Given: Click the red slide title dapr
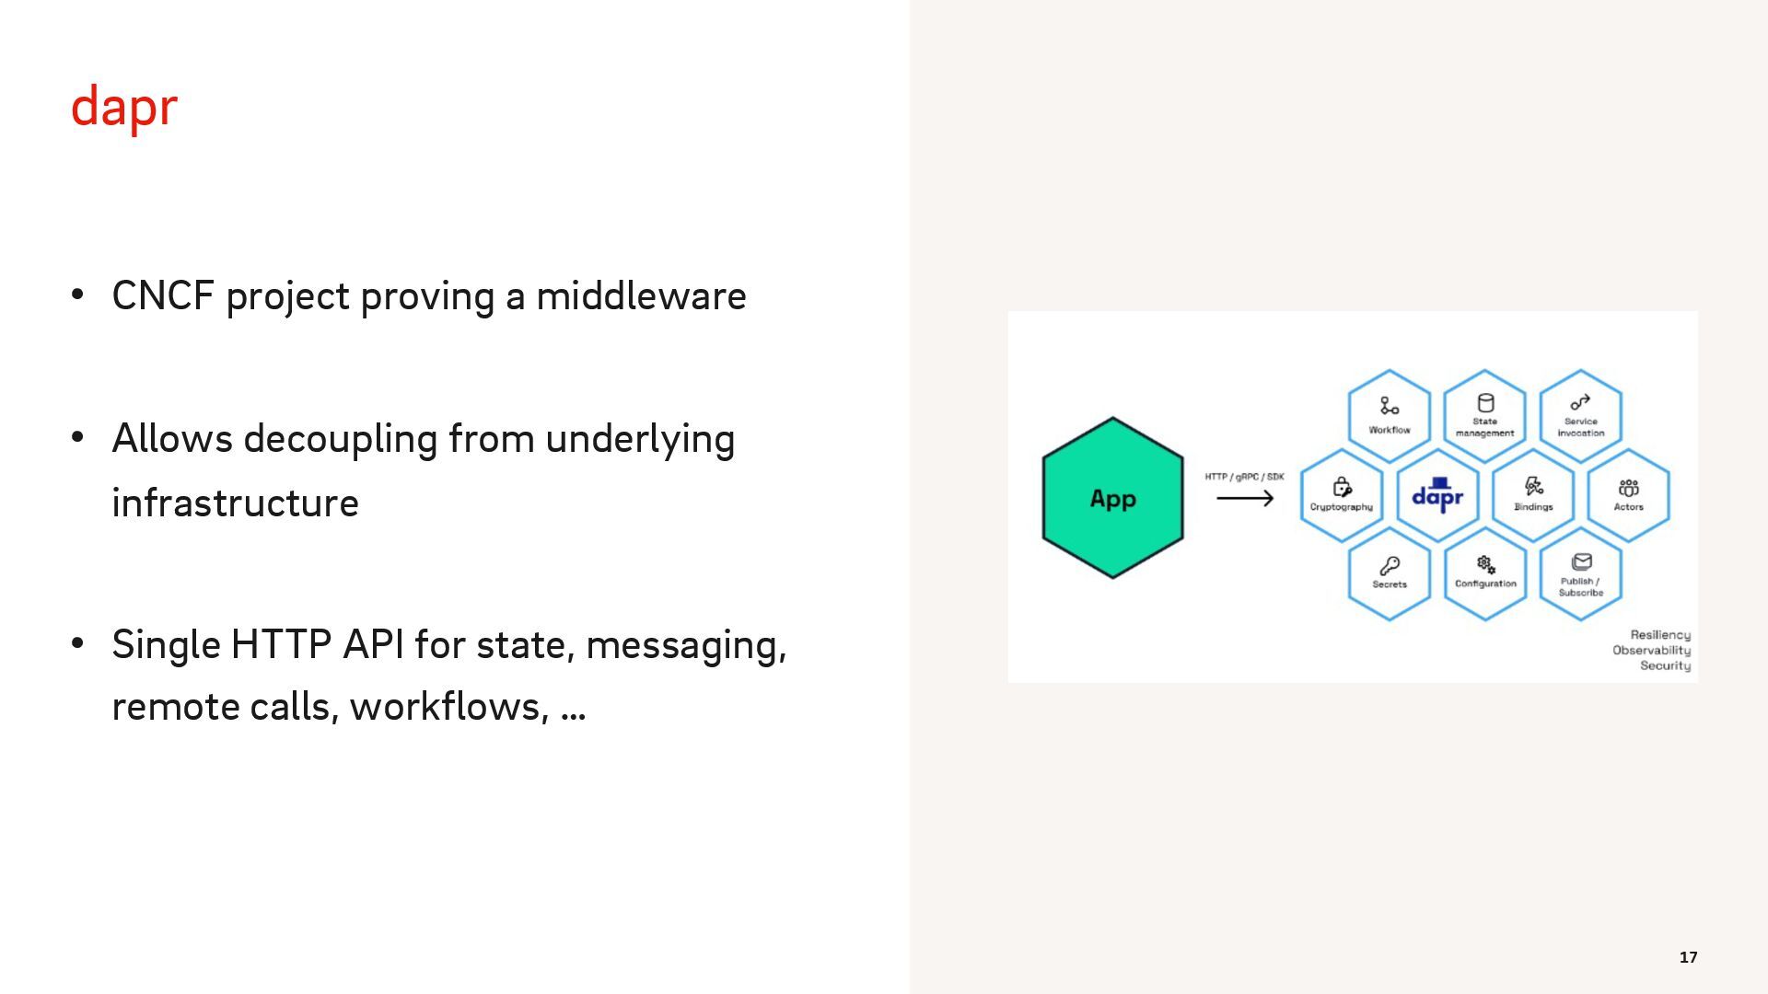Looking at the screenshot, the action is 123,108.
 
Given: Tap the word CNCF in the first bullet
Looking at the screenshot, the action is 163,296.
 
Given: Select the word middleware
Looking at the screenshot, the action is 641,296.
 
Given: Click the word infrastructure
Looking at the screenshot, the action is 235,503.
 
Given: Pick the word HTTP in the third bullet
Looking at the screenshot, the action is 281,644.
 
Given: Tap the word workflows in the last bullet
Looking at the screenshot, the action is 448,707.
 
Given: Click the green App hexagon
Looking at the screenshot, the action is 1112,498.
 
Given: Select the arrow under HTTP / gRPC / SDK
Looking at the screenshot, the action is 1244,499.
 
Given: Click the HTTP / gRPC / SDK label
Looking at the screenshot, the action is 1244,477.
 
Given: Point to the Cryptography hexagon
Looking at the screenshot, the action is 1342,495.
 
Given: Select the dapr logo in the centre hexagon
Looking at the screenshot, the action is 1437,495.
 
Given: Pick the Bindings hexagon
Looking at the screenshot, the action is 1533,495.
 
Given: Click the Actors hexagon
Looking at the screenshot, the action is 1628,495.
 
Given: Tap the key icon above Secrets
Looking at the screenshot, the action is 1390,565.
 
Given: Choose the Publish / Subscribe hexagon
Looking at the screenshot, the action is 1580,574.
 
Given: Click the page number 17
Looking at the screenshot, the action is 1688,957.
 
